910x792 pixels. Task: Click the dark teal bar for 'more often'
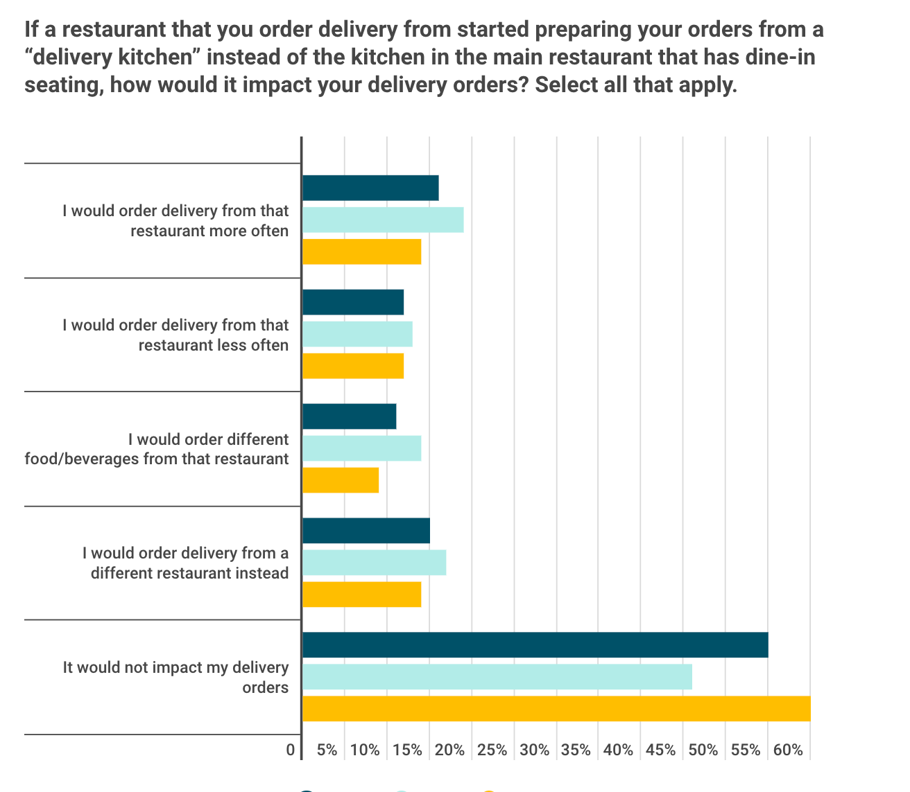370,188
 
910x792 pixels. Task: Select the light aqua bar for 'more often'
383,220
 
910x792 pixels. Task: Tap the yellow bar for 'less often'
353,366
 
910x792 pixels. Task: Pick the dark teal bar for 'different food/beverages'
350,416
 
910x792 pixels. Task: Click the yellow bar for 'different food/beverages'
341,480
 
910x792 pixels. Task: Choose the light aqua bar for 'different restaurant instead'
375,563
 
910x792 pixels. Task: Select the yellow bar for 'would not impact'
556,709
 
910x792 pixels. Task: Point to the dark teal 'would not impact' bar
535,645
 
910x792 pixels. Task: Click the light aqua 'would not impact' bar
497,677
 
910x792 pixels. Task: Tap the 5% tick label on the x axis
327,750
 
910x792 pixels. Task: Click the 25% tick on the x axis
492,750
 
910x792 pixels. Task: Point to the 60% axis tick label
788,750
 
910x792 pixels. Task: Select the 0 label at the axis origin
291,750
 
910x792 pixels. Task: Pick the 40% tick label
619,750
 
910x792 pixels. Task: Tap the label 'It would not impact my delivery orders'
175,677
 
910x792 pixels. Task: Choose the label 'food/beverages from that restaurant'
157,459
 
